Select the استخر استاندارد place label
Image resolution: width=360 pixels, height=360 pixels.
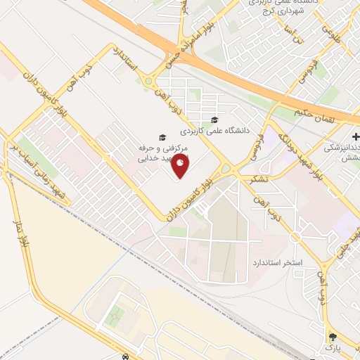point(277,262)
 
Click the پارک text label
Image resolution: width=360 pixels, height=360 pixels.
point(331,347)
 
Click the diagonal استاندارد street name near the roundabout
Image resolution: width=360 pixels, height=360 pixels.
point(131,63)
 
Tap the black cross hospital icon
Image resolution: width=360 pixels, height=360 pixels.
point(356,136)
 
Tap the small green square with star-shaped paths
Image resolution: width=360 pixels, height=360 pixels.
point(113,318)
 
